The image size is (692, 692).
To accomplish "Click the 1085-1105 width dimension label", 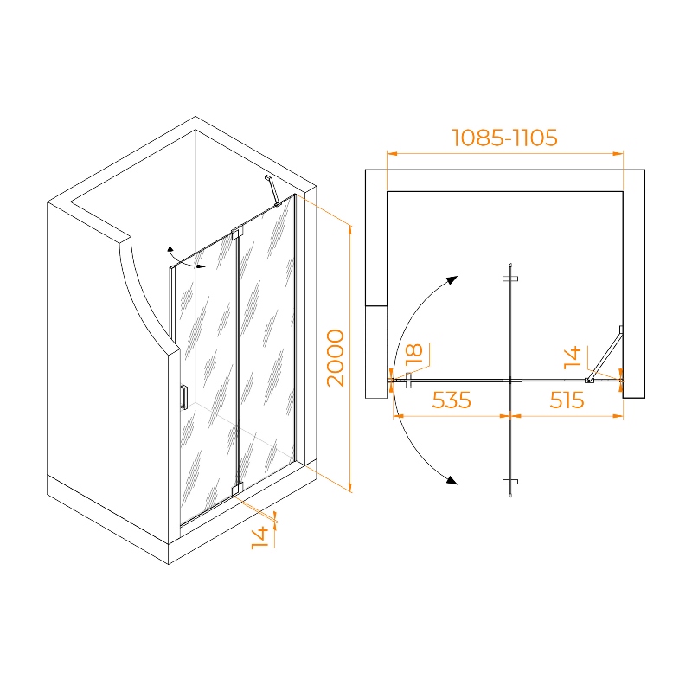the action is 505,138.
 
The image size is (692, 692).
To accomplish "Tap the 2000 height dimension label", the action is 336,358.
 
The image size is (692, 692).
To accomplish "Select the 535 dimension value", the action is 452,400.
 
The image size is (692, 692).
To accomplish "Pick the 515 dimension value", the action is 567,400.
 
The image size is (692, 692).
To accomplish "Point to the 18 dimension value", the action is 414,354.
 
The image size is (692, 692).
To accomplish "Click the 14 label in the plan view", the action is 573,357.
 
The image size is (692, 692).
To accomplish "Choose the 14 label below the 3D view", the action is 260,537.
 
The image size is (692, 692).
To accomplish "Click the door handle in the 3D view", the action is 183,397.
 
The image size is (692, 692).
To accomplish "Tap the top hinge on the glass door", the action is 237,234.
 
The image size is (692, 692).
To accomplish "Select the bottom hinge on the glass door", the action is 237,489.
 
